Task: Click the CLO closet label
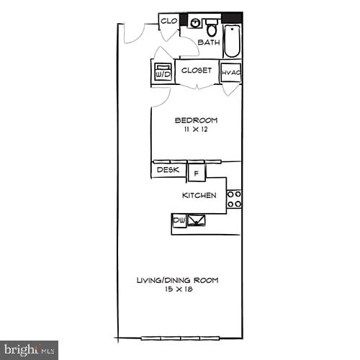coord(169,21)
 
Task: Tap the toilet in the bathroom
coord(212,28)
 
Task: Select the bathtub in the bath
coord(233,41)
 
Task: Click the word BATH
coord(209,42)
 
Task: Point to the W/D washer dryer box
coord(163,73)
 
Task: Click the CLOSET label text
coord(197,71)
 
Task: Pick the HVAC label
coord(230,72)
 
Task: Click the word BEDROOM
coord(196,120)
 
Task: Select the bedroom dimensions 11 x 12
coord(196,129)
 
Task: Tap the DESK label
coord(168,170)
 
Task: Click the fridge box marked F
coord(196,173)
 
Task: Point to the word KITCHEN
coord(199,195)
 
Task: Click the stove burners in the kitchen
coord(234,199)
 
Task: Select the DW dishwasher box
coord(179,220)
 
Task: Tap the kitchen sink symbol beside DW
coord(196,220)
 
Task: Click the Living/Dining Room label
coord(178,280)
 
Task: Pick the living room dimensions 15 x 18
coord(178,289)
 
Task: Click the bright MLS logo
coord(29,350)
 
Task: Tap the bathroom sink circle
coord(195,23)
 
